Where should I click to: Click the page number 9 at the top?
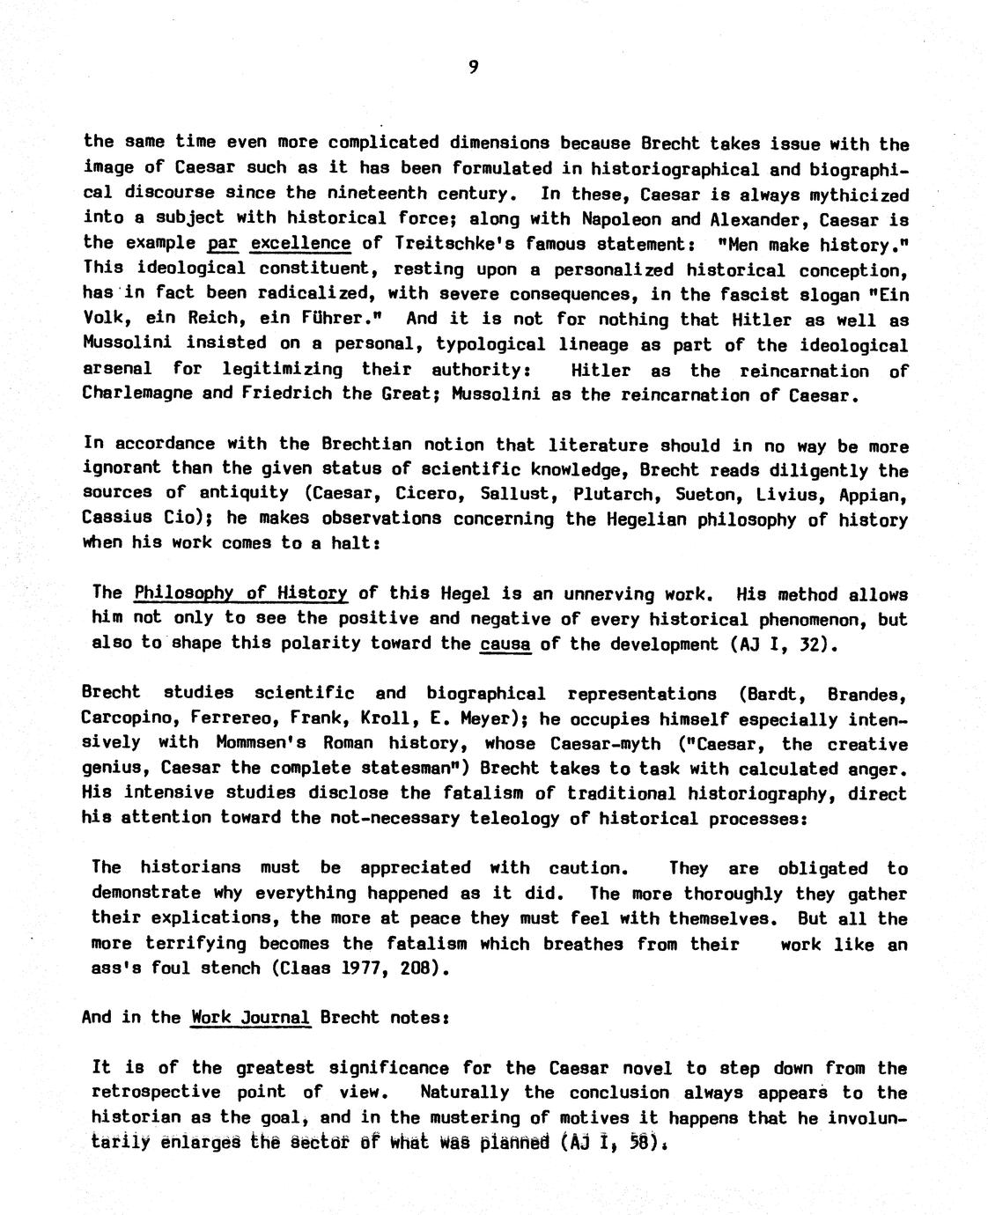[473, 68]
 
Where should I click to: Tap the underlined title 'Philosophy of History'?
[240, 593]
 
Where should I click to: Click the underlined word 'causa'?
[505, 644]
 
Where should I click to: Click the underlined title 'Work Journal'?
[250, 1018]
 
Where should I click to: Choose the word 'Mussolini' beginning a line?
[137, 343]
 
